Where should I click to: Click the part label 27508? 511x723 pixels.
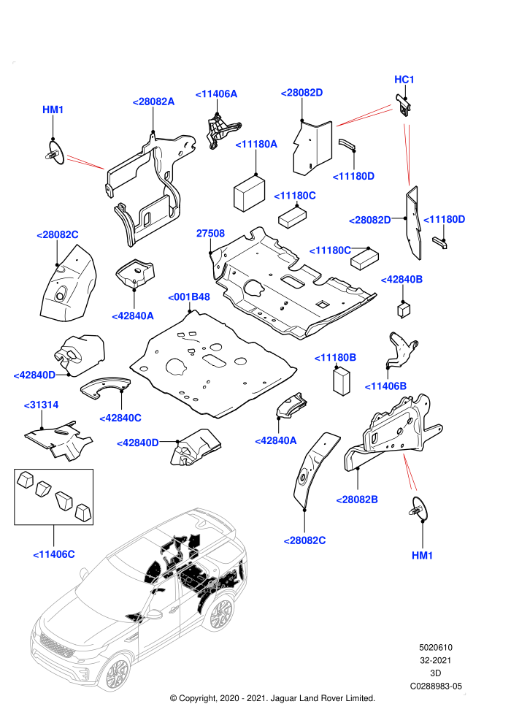coord(210,233)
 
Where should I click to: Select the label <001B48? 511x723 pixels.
coord(189,297)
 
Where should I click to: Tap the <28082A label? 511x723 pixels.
coord(153,102)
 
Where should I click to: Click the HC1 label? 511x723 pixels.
coord(404,80)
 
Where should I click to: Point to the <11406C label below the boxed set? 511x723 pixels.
coord(54,554)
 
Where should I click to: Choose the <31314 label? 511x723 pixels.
coord(41,405)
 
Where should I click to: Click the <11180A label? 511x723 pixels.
coord(256,145)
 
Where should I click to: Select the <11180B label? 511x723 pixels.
coord(335,357)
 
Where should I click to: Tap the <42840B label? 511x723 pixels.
coord(401,280)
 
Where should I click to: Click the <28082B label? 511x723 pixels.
coord(357,500)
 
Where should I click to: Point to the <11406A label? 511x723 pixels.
coord(216,94)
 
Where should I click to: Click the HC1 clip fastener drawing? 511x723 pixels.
coord(404,106)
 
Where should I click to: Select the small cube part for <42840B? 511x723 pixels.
coord(404,310)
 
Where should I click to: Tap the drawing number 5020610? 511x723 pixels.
coord(435,647)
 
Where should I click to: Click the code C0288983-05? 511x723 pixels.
coord(436,686)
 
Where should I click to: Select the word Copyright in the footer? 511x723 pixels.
coord(197,698)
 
